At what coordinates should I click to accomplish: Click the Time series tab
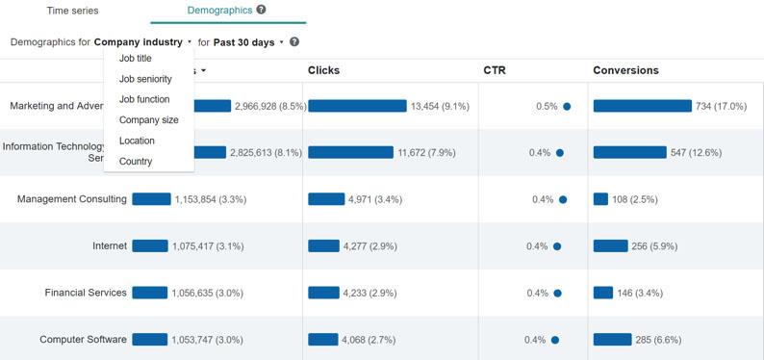(x=72, y=11)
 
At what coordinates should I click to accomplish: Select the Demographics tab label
(x=220, y=11)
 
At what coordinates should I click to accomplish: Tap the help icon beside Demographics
(x=262, y=10)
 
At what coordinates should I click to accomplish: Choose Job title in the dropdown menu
(x=136, y=59)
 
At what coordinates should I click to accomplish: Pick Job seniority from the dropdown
(x=145, y=79)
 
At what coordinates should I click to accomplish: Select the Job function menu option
(x=144, y=99)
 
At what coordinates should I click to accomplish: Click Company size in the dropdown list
(x=148, y=120)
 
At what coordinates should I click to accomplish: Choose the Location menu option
(x=137, y=141)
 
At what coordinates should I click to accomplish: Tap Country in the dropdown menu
(x=136, y=162)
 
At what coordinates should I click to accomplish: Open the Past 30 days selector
(x=248, y=42)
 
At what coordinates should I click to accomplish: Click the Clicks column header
(x=323, y=70)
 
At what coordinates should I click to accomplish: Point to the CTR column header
(x=495, y=70)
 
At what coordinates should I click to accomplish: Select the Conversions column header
(x=625, y=70)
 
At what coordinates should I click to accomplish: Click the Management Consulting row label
(x=72, y=199)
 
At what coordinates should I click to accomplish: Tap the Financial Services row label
(x=86, y=293)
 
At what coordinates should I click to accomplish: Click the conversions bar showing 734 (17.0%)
(x=642, y=106)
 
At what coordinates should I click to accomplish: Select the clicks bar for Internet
(x=323, y=246)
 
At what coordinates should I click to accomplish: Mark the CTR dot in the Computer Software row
(x=555, y=340)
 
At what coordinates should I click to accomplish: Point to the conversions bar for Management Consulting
(x=600, y=199)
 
